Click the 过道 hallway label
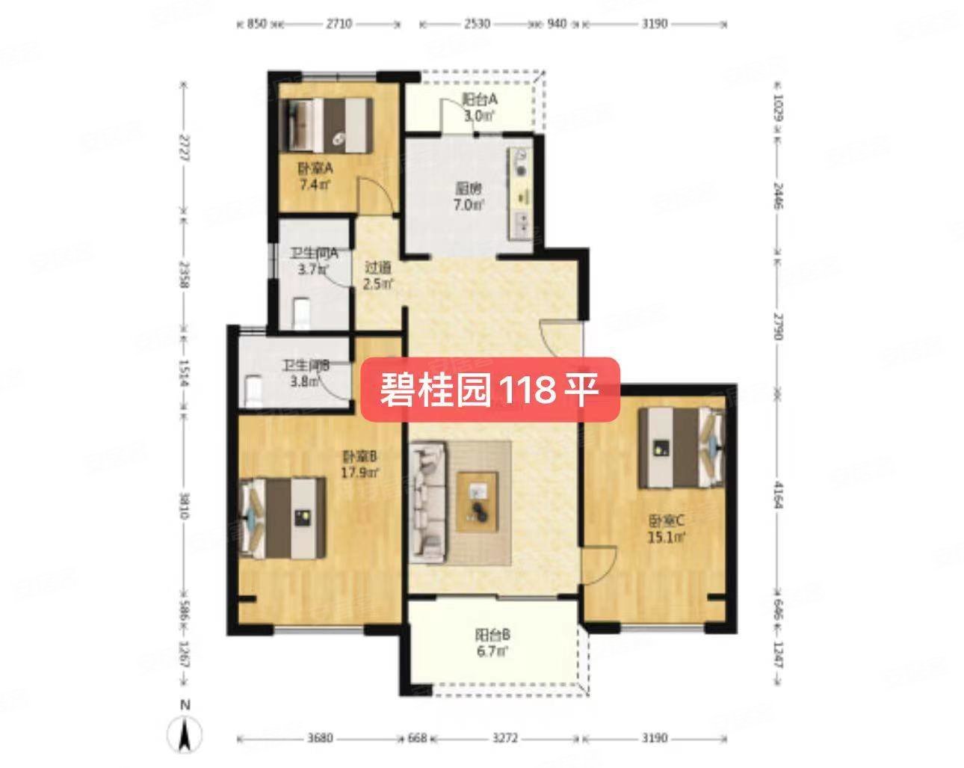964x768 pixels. (377, 275)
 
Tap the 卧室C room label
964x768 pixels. (667, 528)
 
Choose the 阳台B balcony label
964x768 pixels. (492, 643)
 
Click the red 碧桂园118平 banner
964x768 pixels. (490, 389)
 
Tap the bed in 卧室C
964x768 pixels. (681, 447)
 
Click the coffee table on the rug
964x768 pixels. (478, 502)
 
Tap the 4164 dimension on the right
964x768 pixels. (778, 494)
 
